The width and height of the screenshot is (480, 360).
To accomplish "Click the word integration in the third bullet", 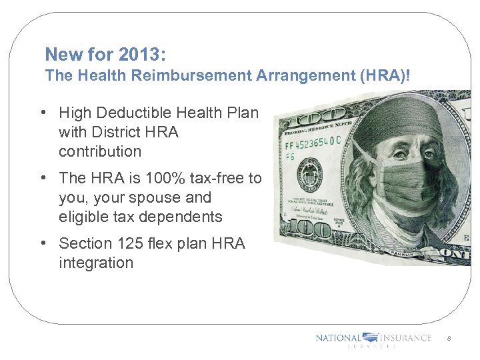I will pyautogui.click(x=95, y=263).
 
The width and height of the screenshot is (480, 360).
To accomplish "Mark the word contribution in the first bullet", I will pyautogui.click(x=100, y=151).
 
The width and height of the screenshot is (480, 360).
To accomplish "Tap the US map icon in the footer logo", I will pyautogui.click(x=370, y=338).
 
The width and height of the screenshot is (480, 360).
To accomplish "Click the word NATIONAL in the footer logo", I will pyautogui.click(x=338, y=338).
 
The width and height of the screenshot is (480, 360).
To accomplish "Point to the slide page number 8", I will pyautogui.click(x=449, y=339).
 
